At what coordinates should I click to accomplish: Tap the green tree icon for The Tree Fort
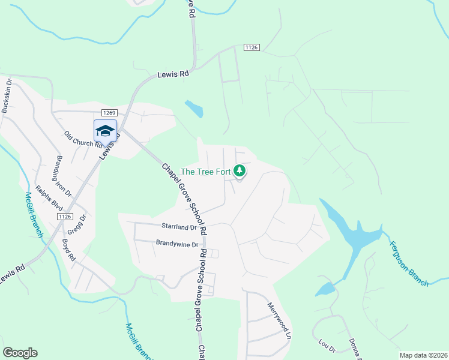(x=240, y=172)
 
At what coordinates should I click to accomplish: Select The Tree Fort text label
(x=206, y=172)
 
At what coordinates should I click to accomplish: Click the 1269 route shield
(x=109, y=112)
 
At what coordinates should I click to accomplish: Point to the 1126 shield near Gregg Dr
(x=65, y=216)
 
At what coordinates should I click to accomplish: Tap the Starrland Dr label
(x=179, y=227)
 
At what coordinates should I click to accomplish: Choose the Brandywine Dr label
(x=177, y=244)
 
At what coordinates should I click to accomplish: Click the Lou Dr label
(x=327, y=346)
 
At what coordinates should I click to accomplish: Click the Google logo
(x=20, y=353)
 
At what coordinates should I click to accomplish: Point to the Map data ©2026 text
(x=423, y=355)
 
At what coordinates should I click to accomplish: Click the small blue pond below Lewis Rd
(x=194, y=109)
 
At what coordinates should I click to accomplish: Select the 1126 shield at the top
(x=252, y=47)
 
